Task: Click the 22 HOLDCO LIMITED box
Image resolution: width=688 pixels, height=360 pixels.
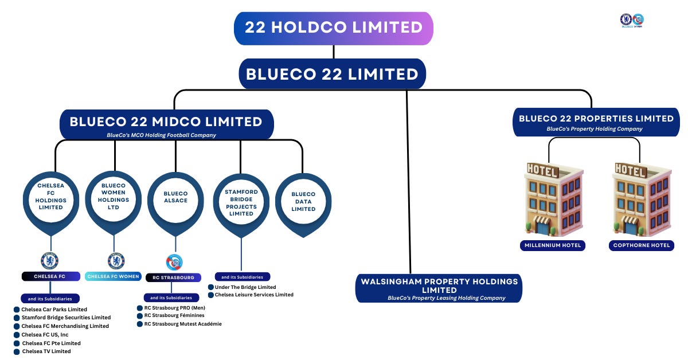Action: [333, 28]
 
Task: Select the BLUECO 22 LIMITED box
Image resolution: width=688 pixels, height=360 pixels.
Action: [332, 74]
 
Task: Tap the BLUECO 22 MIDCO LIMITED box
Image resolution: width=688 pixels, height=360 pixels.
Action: [166, 124]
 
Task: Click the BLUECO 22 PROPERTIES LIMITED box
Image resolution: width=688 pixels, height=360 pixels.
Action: [596, 122]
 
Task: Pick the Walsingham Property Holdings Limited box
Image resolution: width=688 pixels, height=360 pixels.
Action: [439, 288]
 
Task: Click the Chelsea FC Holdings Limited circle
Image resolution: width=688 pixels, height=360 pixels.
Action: [50, 196]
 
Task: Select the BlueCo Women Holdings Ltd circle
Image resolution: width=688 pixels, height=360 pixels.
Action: [114, 196]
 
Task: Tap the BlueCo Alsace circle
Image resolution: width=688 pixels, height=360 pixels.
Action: [175, 197]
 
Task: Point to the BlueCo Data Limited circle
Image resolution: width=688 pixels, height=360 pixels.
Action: [303, 201]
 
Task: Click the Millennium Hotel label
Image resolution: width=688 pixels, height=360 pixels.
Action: [553, 245]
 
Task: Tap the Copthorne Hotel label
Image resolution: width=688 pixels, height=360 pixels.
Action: [641, 245]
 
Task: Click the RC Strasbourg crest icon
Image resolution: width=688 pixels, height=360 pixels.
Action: [174, 262]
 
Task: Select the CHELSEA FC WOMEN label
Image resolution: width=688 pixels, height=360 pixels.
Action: [114, 276]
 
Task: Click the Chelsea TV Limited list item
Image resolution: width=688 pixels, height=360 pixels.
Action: [46, 351]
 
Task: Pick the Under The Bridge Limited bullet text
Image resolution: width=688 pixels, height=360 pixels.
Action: [245, 287]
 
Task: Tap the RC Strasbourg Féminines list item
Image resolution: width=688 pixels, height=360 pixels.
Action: [174, 315]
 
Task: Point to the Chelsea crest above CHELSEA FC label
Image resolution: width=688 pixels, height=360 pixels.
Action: [50, 261]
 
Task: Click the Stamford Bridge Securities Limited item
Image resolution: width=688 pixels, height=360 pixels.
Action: [66, 317]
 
